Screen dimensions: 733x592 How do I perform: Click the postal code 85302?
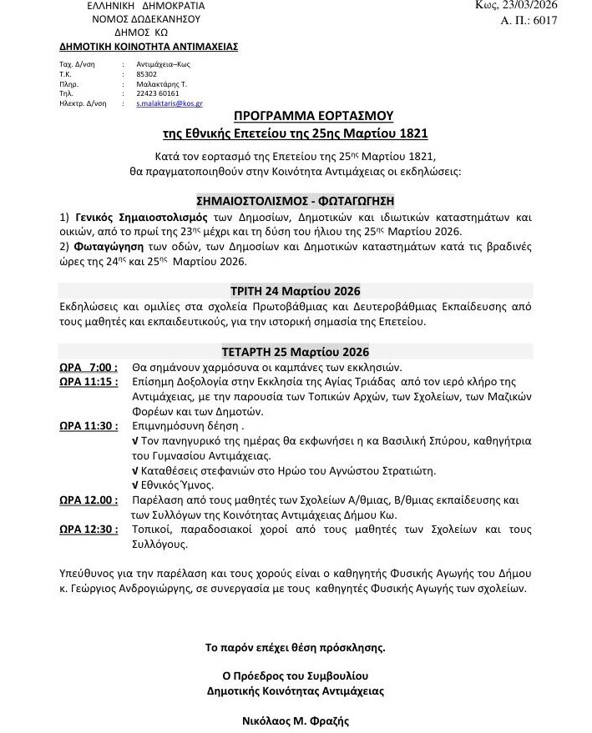133,73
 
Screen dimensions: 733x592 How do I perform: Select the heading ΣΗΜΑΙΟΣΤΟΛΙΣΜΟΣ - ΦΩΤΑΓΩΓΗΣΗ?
295,200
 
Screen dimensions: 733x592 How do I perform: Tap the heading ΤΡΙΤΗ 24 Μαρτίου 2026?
295,291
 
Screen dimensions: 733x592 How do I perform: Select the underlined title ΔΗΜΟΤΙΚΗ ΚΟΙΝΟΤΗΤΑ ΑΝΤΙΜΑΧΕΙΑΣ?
149,47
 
